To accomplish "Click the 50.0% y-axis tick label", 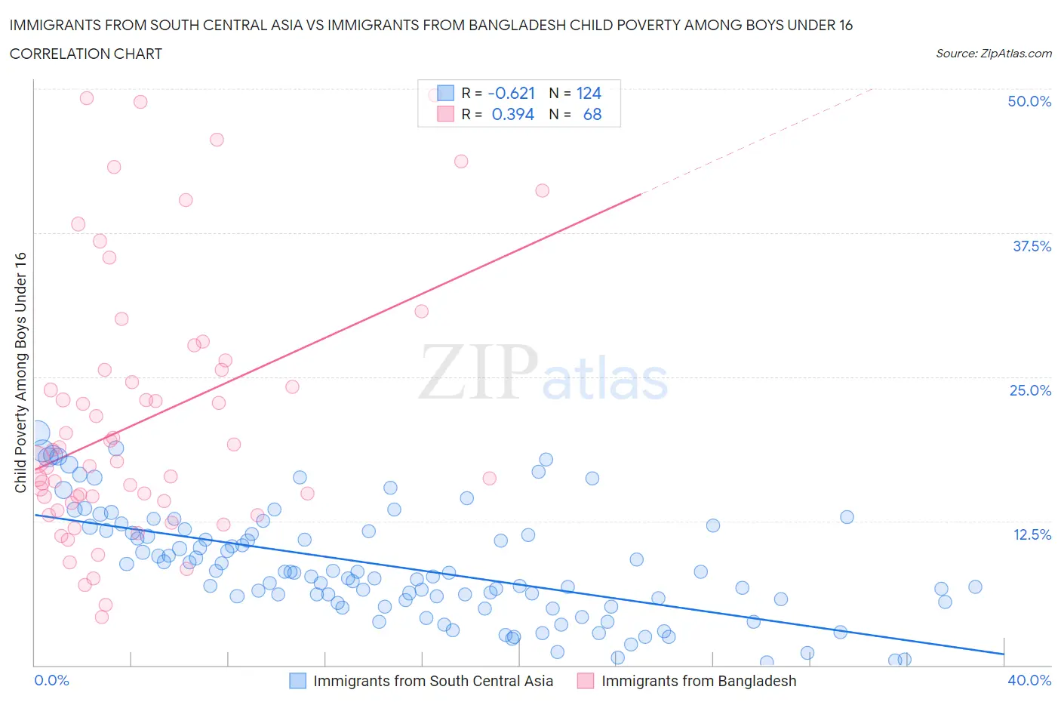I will coord(1029,101).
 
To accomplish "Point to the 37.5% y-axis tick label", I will coord(1031,246).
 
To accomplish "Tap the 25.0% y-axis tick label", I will coord(1029,390).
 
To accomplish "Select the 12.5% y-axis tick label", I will coord(1031,534).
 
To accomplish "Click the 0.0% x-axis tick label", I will coord(51,680).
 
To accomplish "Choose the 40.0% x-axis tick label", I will coord(1029,680).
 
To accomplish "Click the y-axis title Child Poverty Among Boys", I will coord(20,372).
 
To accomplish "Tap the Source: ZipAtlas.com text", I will coord(993,53).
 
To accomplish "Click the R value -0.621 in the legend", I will coord(512,93).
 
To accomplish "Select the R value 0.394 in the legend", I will coord(512,114).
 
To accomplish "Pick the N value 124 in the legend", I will coord(589,93).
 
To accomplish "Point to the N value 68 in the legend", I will coord(592,114).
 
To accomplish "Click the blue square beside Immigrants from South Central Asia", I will coord(298,681).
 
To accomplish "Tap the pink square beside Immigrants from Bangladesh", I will coord(586,681).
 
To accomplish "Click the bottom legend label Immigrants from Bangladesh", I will coord(698,681).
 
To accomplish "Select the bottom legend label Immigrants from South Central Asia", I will coord(433,681).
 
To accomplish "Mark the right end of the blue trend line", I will coord(1004,654).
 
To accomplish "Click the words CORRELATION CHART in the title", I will coord(86,54).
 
